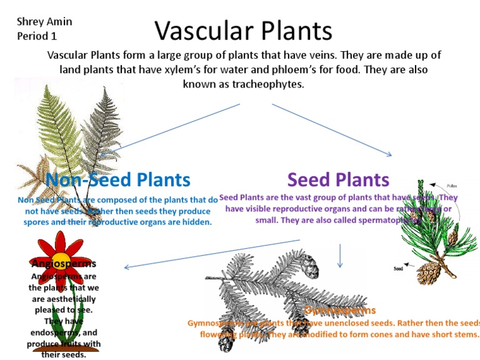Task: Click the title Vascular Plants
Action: click(243, 31)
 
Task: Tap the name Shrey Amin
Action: click(44, 22)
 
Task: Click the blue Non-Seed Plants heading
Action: click(118, 180)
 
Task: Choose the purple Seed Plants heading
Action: click(338, 180)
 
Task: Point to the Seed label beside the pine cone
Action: click(398, 269)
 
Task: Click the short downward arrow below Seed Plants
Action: click(340, 255)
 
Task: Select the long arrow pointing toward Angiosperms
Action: click(212, 253)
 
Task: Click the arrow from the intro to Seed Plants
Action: click(331, 129)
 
